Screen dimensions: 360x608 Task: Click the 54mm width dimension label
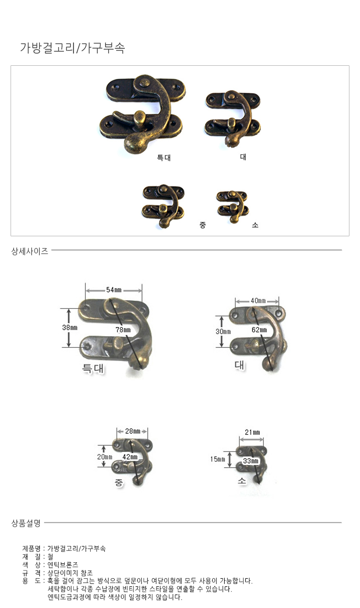(114, 290)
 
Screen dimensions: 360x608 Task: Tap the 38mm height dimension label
(70, 328)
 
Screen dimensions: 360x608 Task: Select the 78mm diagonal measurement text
(123, 330)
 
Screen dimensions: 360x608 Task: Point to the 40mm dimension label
(258, 301)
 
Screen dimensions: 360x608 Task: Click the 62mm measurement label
(259, 330)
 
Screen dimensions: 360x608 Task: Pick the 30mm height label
(223, 331)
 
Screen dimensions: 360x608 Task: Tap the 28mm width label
(132, 431)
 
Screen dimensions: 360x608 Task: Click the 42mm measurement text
(130, 457)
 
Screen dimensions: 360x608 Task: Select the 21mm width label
(252, 432)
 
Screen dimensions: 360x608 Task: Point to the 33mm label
(251, 461)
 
